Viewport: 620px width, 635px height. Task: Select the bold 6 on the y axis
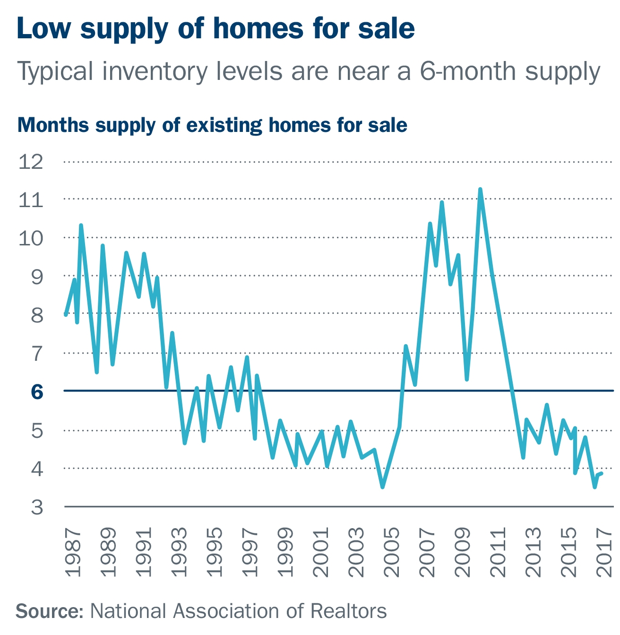pos(37,391)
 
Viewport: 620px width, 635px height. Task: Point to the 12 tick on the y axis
pos(31,162)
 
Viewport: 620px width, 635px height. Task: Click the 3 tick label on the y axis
pos(37,507)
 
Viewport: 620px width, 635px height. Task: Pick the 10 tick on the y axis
pos(31,238)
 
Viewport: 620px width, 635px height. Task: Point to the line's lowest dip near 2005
pos(382,487)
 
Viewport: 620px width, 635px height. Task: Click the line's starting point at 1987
pos(66,314)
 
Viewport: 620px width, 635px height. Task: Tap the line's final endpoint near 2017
pos(601,473)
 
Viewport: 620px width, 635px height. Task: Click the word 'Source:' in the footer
pos(50,611)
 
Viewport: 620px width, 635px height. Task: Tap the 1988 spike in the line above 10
pos(81,226)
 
